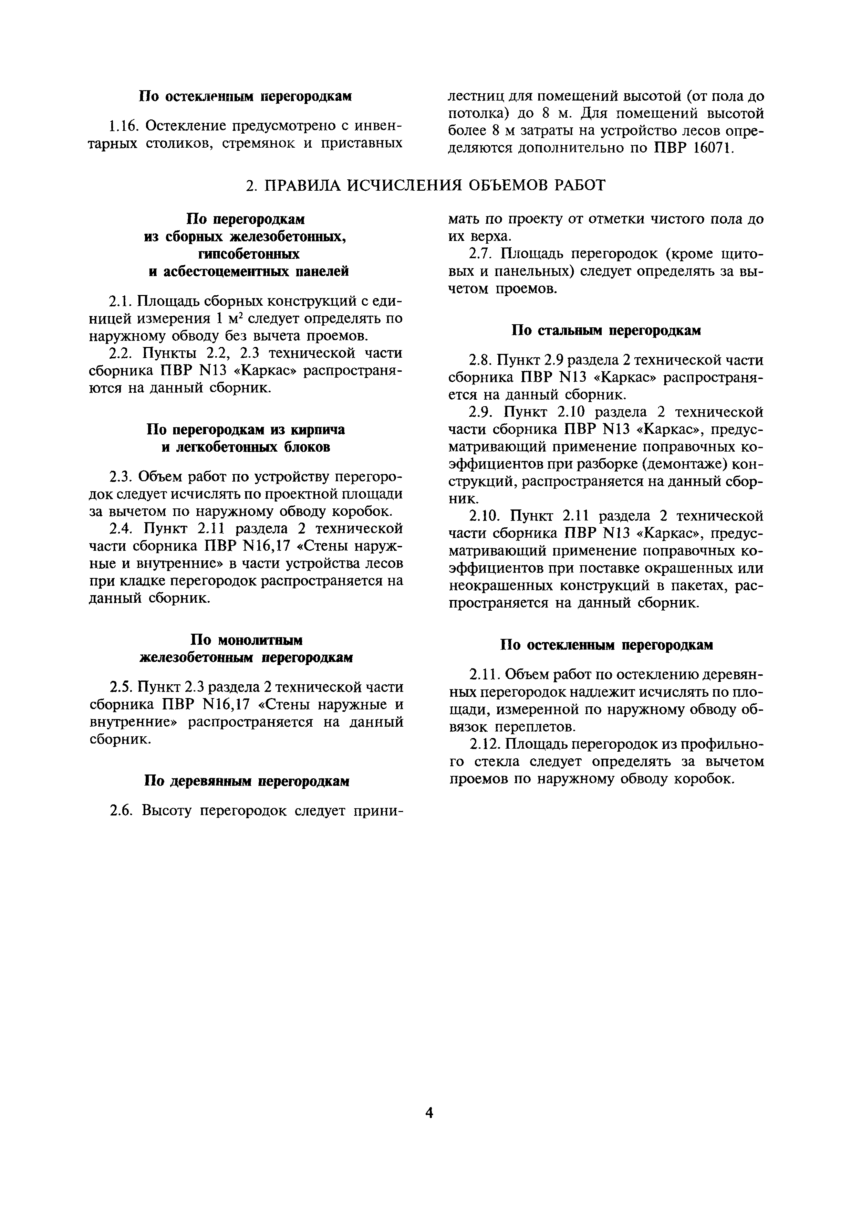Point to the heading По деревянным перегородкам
pos(247,781)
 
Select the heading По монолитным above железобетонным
pos(247,640)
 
